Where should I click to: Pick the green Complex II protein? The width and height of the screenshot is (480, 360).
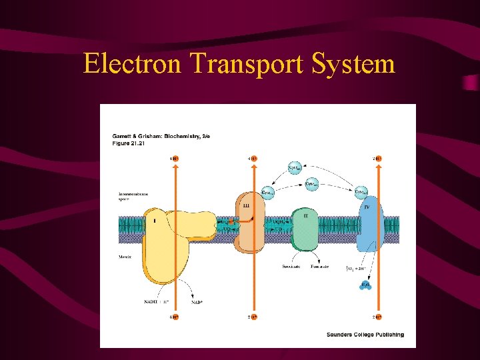tap(305, 230)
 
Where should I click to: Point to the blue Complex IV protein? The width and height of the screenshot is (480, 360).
tap(369, 227)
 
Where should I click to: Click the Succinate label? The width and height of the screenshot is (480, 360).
tap(291, 266)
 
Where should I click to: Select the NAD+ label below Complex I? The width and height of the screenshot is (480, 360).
tap(197, 301)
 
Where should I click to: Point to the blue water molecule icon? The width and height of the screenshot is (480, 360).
tap(365, 286)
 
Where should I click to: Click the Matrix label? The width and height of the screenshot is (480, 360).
tap(124, 255)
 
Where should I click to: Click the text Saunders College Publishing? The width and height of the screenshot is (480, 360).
tap(365, 334)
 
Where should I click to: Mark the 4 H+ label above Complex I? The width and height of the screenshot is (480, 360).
tap(174, 159)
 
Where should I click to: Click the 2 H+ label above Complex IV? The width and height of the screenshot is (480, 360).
tap(377, 159)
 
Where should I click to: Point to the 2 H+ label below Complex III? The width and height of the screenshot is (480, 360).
tap(252, 317)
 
